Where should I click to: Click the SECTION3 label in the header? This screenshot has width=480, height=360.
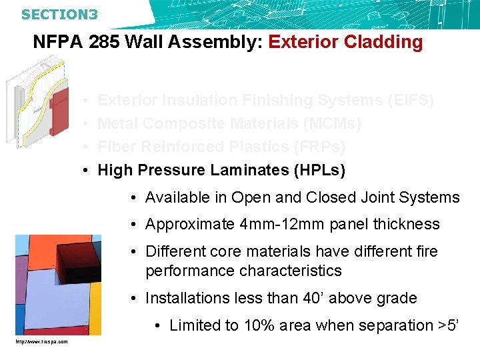(x=59, y=14)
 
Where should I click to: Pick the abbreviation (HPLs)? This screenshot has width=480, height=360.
(x=319, y=171)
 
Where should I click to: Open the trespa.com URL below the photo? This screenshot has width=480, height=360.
(x=41, y=342)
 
